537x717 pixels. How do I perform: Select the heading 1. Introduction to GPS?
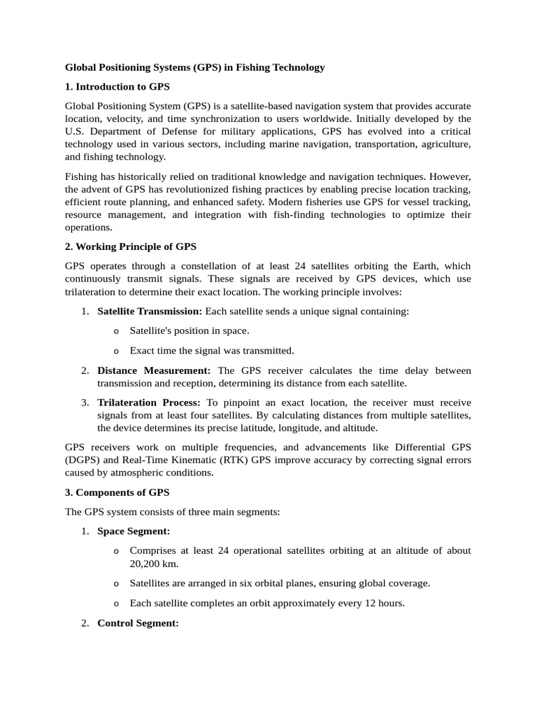click(117, 87)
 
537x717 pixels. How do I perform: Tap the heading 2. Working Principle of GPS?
click(131, 247)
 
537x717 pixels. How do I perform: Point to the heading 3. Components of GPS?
click(117, 492)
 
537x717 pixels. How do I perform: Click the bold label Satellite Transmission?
click(150, 311)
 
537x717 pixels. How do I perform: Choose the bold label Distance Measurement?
click(154, 370)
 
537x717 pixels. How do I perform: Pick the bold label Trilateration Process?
click(149, 403)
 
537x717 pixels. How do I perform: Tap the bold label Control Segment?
click(138, 622)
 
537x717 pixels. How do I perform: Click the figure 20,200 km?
click(149, 564)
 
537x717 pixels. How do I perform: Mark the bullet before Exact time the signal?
click(116, 351)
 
